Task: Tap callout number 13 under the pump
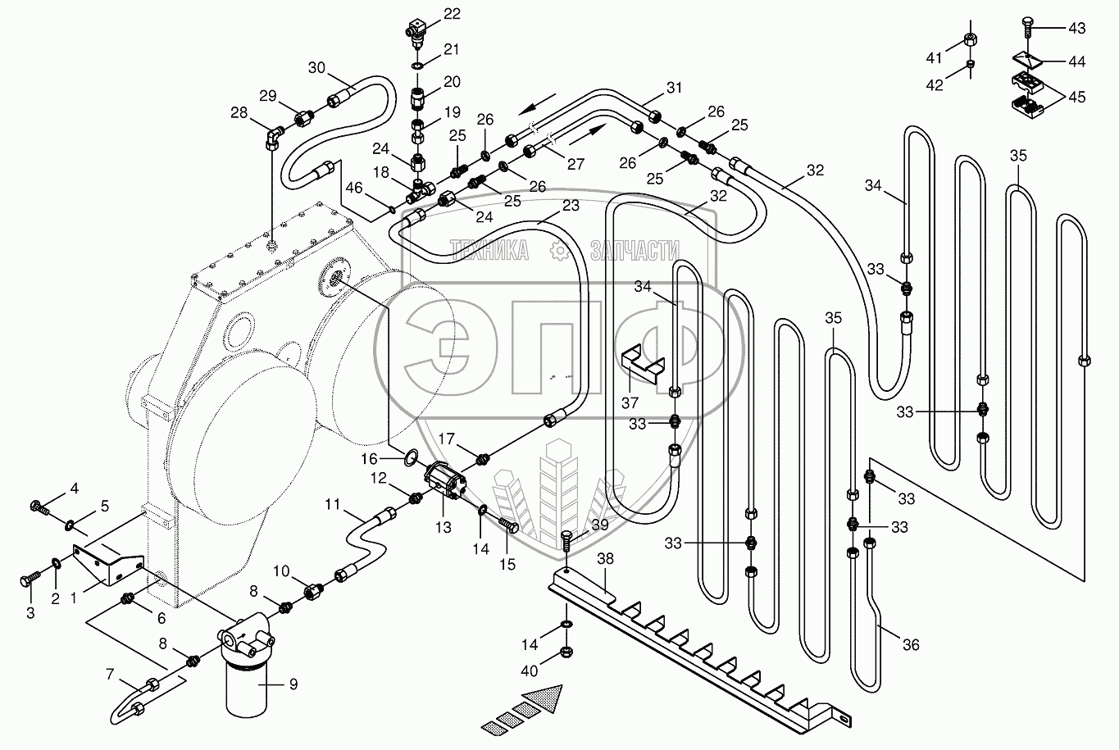click(x=444, y=527)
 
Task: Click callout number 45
click(x=1076, y=96)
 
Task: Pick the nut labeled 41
click(x=969, y=39)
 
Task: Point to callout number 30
click(x=316, y=68)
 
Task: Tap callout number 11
click(x=331, y=505)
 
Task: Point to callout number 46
click(x=353, y=188)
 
